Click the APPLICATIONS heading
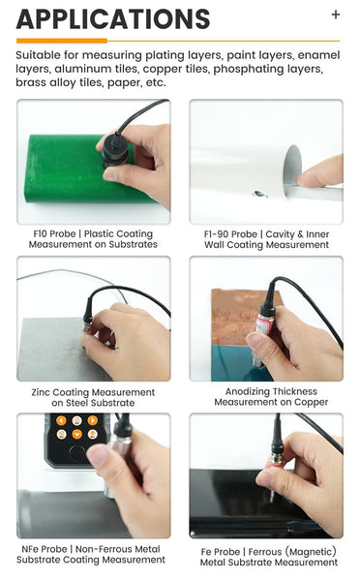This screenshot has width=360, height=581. coord(113,18)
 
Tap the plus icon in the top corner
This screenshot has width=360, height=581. coord(336,15)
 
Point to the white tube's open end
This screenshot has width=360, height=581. coord(292,165)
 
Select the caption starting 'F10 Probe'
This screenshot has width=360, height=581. coord(93,239)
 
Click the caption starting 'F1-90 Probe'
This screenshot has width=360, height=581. coord(266,239)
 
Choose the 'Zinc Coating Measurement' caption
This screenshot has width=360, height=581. coord(93,397)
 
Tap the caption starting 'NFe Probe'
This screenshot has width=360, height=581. coord(93,554)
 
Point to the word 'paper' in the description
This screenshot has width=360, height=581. coord(119,83)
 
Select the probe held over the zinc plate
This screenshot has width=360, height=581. coord(88,314)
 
